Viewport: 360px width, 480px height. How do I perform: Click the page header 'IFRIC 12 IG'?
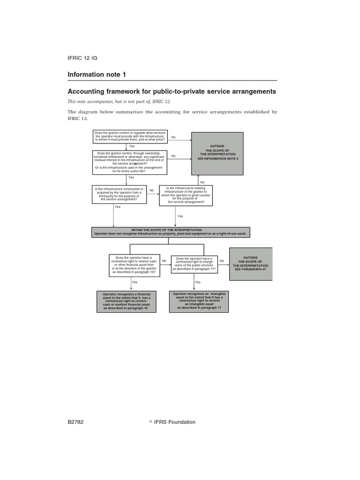pyautogui.click(x=82, y=58)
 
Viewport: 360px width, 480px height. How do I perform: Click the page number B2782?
pyautogui.click(x=75, y=422)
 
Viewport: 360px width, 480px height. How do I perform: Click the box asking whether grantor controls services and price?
pyautogui.click(x=130, y=136)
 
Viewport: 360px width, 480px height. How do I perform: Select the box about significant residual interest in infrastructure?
pyautogui.click(x=130, y=162)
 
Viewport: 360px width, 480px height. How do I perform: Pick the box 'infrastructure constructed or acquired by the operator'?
pyautogui.click(x=120, y=195)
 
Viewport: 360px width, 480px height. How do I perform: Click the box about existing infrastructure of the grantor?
pyautogui.click(x=186, y=195)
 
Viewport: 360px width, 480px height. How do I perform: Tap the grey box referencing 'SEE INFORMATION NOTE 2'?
pyautogui.click(x=217, y=153)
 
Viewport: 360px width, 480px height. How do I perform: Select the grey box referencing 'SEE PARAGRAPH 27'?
pyautogui.click(x=250, y=264)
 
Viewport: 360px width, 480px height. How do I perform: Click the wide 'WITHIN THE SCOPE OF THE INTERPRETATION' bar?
pyautogui.click(x=171, y=232)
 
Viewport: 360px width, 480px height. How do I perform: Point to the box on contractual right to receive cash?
pyautogui.click(x=134, y=265)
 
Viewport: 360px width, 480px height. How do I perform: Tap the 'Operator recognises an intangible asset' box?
pyautogui.click(x=199, y=301)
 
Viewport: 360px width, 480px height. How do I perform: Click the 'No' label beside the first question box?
pyautogui.click(x=173, y=137)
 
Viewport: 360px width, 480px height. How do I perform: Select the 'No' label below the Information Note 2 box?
pyautogui.click(x=202, y=182)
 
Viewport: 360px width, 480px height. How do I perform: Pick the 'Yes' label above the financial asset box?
pyautogui.click(x=135, y=282)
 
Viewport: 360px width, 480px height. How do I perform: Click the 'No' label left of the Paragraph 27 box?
pyautogui.click(x=222, y=261)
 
